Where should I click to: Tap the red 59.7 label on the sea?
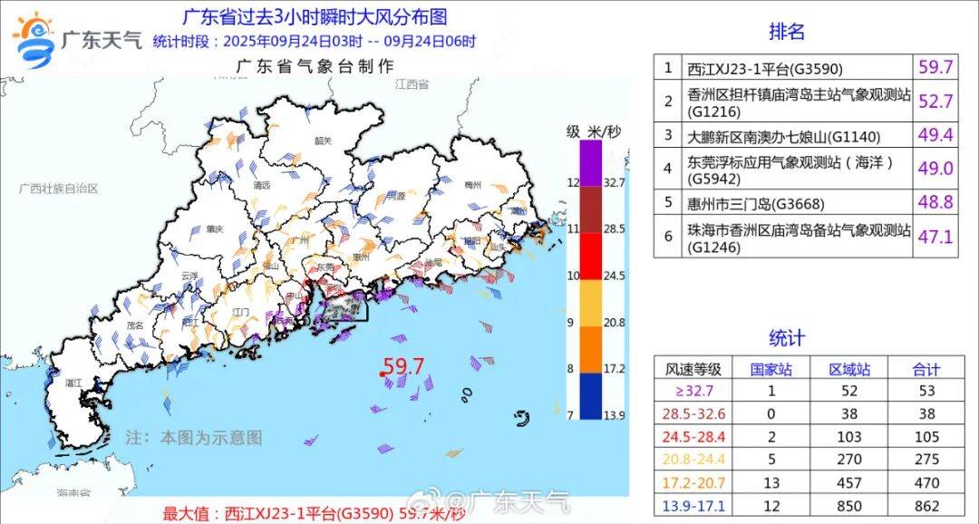point(403,367)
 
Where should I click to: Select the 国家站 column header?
point(771,369)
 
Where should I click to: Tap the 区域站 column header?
point(849,369)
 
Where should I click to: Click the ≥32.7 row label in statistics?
point(693,390)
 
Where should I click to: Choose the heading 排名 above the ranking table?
point(787,32)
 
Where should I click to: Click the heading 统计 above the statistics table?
point(787,338)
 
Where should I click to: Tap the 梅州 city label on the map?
point(471,185)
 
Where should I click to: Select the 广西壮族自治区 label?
point(59,188)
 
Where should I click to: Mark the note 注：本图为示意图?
point(194,437)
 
